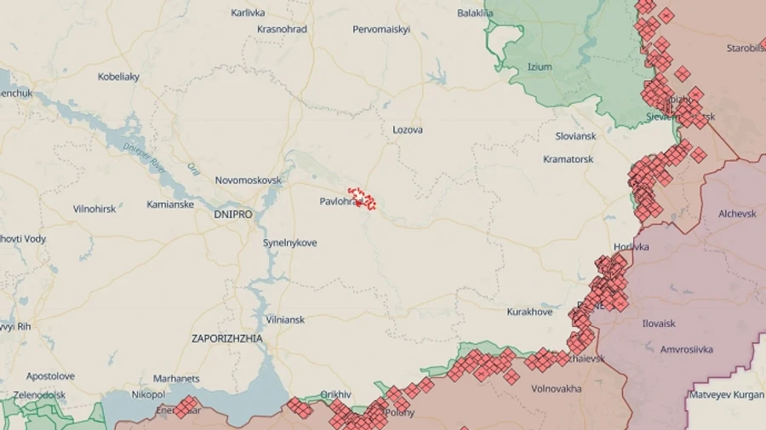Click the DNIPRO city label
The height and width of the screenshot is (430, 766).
tap(233, 215)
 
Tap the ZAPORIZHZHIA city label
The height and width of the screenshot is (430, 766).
tap(227, 338)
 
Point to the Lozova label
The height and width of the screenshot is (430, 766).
tap(408, 130)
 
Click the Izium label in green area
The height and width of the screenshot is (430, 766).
tap(540, 66)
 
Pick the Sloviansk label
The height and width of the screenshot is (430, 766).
tap(576, 136)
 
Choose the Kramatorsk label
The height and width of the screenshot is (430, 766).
tap(569, 159)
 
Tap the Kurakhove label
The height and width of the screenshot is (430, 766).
tap(530, 312)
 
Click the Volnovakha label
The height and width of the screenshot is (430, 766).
tap(556, 388)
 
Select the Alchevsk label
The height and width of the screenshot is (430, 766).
tap(737, 214)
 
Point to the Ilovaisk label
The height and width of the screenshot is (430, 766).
tap(659, 324)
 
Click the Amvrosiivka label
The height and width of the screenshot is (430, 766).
tap(687, 349)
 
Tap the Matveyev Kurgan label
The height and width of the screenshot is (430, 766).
tap(726, 394)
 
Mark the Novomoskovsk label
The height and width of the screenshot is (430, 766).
tap(248, 181)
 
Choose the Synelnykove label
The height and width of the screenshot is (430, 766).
tap(289, 243)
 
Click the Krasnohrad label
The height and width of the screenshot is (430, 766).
tap(282, 29)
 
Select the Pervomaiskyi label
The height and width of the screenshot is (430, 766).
tap(381, 29)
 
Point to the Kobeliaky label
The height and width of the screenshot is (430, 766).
tap(118, 77)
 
